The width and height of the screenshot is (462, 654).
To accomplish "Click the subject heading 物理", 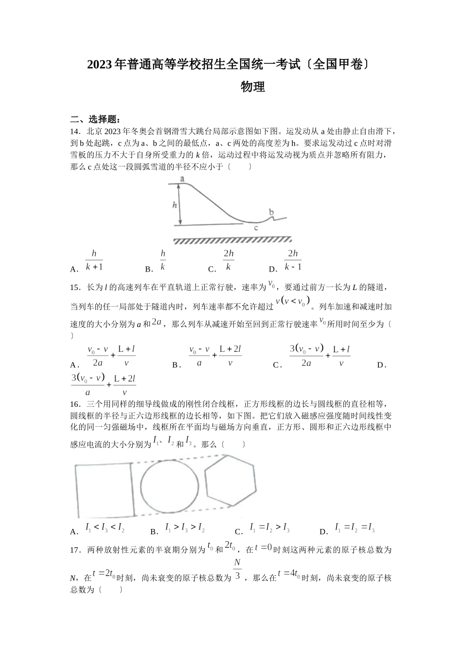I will point(253,87).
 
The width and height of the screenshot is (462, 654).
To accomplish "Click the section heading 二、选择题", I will point(95,120).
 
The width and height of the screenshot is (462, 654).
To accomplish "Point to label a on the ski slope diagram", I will point(182,179).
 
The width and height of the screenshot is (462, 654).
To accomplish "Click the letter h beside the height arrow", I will point(175,205).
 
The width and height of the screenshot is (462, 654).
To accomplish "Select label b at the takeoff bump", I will point(271,212).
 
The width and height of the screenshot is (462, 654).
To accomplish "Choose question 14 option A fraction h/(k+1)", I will point(94,260).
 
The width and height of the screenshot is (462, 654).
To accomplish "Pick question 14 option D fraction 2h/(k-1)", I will point(293,260).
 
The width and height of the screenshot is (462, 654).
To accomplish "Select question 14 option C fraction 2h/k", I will point(229,260).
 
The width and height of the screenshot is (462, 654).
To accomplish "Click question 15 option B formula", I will point(214,356).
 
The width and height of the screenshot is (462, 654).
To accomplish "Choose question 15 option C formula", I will point(320,356).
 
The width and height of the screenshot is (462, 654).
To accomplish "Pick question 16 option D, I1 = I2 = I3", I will point(355,527).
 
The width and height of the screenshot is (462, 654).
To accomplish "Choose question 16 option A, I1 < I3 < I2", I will point(105,527).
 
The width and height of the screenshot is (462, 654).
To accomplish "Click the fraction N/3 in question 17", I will point(237,570).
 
